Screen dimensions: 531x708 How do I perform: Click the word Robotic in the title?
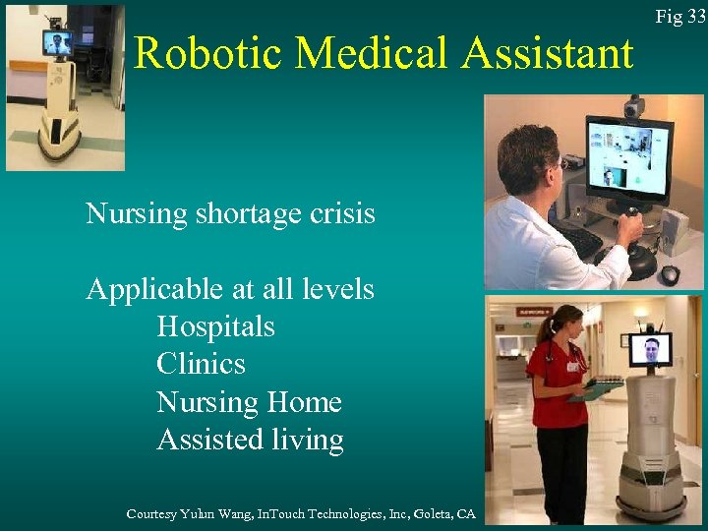tap(207, 52)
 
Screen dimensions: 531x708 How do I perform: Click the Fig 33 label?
tap(681, 17)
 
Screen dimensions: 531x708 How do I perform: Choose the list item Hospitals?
tap(215, 326)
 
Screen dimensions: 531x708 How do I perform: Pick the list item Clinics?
tap(201, 364)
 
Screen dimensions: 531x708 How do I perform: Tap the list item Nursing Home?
tap(249, 402)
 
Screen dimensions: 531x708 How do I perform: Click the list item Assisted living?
tap(250, 440)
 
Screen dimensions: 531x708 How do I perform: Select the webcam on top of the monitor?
tap(634, 106)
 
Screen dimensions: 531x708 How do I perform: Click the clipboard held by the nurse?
tap(596, 389)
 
